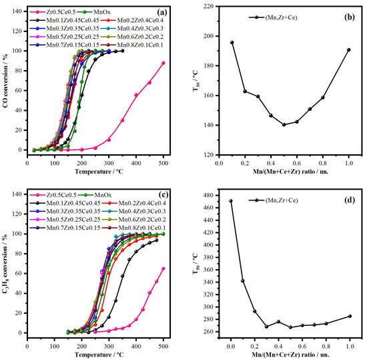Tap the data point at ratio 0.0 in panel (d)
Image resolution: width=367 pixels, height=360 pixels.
[231, 201]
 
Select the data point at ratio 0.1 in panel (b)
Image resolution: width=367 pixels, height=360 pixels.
[232, 43]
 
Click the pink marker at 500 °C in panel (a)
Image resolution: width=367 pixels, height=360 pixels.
[163, 63]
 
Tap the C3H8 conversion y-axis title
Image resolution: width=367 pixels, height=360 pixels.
[6, 264]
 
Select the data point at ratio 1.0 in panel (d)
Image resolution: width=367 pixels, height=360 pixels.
[349, 316]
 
